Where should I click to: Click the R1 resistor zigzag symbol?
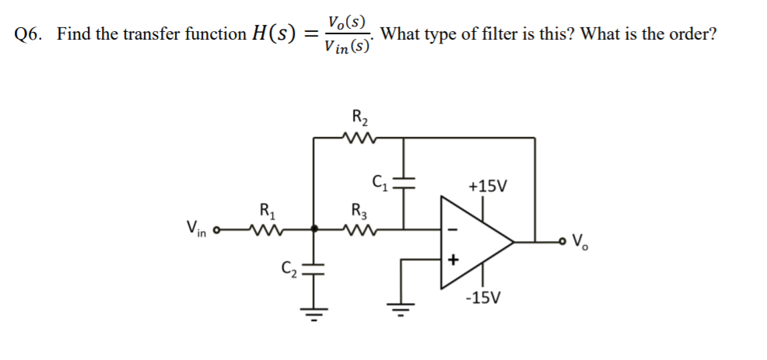pyautogui.click(x=266, y=229)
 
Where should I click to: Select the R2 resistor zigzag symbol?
pyautogui.click(x=359, y=138)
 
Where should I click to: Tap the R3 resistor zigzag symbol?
pyautogui.click(x=359, y=229)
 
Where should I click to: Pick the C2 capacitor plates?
pyautogui.click(x=314, y=270)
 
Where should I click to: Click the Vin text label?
pyautogui.click(x=197, y=229)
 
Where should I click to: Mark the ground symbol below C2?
pyautogui.click(x=314, y=315)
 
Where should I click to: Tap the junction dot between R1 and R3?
pyautogui.click(x=314, y=229)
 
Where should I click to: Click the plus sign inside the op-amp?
pyautogui.click(x=454, y=258)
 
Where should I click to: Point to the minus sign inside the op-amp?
pyautogui.click(x=454, y=229)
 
